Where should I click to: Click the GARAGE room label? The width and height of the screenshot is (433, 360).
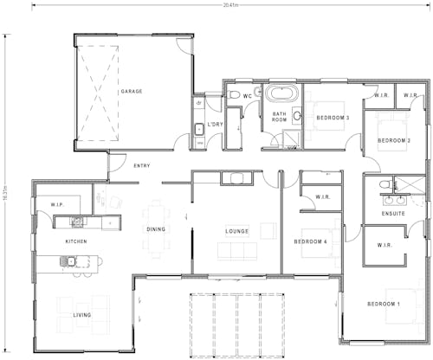(x=132, y=91)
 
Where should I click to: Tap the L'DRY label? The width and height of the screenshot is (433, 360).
(x=215, y=125)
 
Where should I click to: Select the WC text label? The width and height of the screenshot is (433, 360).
(x=247, y=95)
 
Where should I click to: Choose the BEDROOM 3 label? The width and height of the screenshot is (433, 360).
(x=333, y=118)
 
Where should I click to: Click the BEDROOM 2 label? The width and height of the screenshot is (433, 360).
(x=393, y=140)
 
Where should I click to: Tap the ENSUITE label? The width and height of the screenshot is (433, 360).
(x=393, y=213)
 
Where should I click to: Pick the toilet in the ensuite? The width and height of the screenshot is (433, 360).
(x=384, y=185)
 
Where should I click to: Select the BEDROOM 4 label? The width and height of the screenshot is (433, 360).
(x=310, y=241)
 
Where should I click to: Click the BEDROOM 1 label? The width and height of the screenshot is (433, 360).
(x=383, y=305)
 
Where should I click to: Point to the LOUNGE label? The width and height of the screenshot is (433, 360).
(x=237, y=231)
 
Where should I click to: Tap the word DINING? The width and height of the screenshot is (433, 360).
(x=156, y=229)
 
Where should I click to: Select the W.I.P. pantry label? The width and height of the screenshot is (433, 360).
(x=58, y=204)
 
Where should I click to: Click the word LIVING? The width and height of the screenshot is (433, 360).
(x=82, y=315)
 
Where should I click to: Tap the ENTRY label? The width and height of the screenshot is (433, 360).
(x=141, y=165)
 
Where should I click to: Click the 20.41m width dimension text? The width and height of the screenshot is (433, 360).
(x=230, y=4)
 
